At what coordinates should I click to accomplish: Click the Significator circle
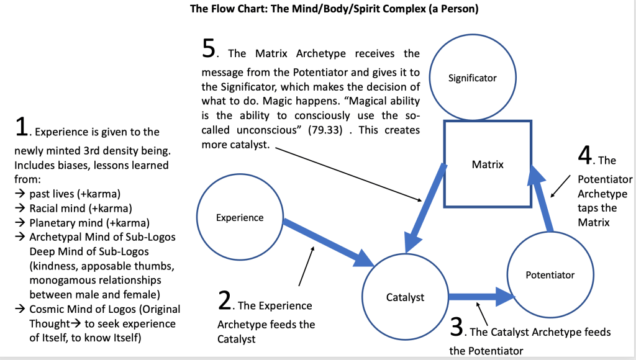473,78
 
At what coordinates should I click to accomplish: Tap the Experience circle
240,217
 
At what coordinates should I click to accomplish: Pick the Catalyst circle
405,297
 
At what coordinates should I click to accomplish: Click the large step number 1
21,128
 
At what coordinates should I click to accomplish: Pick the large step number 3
457,327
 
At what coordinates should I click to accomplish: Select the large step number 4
584,156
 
